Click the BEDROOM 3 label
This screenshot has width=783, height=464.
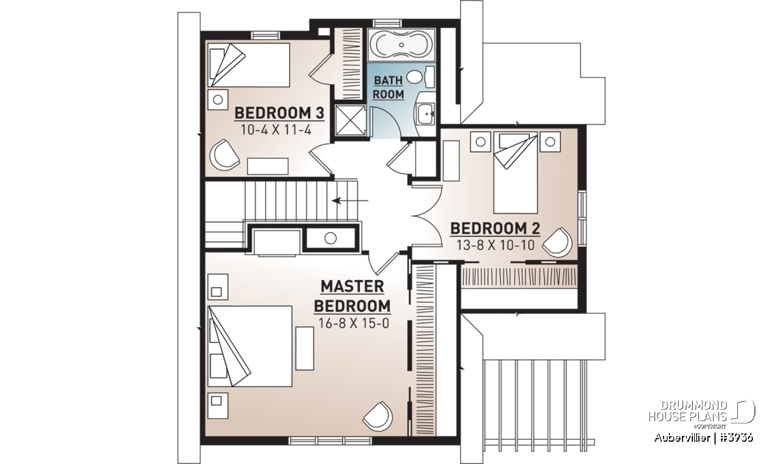click(x=279, y=114)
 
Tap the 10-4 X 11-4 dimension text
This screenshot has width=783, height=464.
click(x=276, y=131)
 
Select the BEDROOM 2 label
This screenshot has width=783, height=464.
click(x=495, y=228)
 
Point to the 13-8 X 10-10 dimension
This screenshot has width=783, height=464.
click(x=495, y=245)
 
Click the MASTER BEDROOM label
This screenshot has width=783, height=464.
click(x=352, y=296)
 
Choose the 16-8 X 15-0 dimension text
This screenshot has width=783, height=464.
click(x=354, y=323)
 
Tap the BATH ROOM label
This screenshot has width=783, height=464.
click(x=388, y=87)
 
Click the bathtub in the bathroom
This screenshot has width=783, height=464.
click(x=401, y=45)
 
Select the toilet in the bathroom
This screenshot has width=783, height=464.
click(x=420, y=77)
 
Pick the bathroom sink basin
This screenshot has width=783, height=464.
click(x=425, y=114)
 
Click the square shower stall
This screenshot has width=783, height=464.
click(x=350, y=120)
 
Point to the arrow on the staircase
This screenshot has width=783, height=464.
click(x=350, y=201)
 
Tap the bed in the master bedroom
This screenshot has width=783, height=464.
click(x=249, y=346)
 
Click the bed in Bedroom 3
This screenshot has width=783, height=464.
click(x=249, y=65)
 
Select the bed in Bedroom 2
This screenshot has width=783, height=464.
click(x=515, y=172)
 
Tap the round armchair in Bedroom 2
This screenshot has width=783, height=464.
click(x=557, y=242)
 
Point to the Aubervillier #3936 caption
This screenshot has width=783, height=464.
click(x=703, y=438)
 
